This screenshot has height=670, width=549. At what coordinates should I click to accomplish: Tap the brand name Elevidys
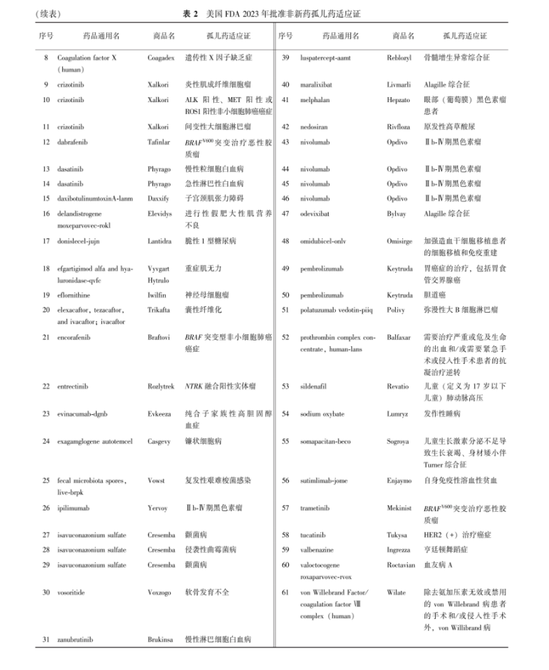coord(159,214)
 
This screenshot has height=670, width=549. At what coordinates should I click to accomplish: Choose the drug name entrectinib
coord(72,385)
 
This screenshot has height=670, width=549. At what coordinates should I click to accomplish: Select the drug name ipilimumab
coord(73,508)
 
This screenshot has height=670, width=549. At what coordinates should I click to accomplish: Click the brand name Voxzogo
coord(160,592)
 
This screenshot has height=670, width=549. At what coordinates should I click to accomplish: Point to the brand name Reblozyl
coord(399,58)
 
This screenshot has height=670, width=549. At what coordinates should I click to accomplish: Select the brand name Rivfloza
coord(399,127)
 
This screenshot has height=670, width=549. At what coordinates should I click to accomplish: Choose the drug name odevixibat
coord(315,213)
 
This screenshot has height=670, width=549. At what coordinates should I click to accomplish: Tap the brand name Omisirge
coord(400,241)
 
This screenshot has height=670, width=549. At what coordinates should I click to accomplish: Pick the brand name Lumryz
coord(398,414)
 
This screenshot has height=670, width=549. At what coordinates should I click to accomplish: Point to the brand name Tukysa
coord(397,534)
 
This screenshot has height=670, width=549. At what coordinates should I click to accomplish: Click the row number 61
coord(285,592)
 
